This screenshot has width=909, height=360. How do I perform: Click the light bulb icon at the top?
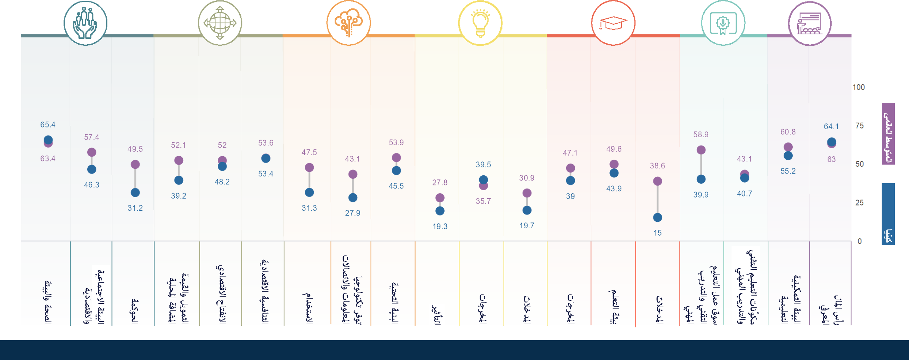click(480, 23)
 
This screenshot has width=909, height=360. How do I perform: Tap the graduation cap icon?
click(613, 23)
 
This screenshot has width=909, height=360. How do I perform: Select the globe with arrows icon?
click(220, 23)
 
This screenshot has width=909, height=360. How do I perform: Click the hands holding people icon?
click(85, 23)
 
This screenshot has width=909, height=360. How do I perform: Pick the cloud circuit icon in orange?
click(348, 23)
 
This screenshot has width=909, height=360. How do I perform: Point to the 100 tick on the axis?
click(858, 87)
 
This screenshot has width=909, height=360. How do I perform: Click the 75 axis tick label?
click(859, 126)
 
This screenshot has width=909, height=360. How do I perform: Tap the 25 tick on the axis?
click(859, 203)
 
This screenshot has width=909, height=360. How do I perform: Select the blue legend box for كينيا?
click(888, 214)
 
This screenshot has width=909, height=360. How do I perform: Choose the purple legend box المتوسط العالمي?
click(888, 133)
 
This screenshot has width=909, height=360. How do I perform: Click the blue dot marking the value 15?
click(657, 217)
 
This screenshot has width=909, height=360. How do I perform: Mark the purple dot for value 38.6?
click(657, 181)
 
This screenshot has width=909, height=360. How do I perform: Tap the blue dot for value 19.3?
click(440, 211)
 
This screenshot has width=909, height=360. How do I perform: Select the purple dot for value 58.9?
click(701, 150)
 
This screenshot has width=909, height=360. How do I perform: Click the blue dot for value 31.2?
click(135, 193)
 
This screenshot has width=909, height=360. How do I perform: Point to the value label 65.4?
click(48, 125)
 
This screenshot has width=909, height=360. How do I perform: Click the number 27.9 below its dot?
click(353, 213)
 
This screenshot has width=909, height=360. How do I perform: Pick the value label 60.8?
click(788, 132)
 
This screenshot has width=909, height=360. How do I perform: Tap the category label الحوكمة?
click(135, 310)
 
